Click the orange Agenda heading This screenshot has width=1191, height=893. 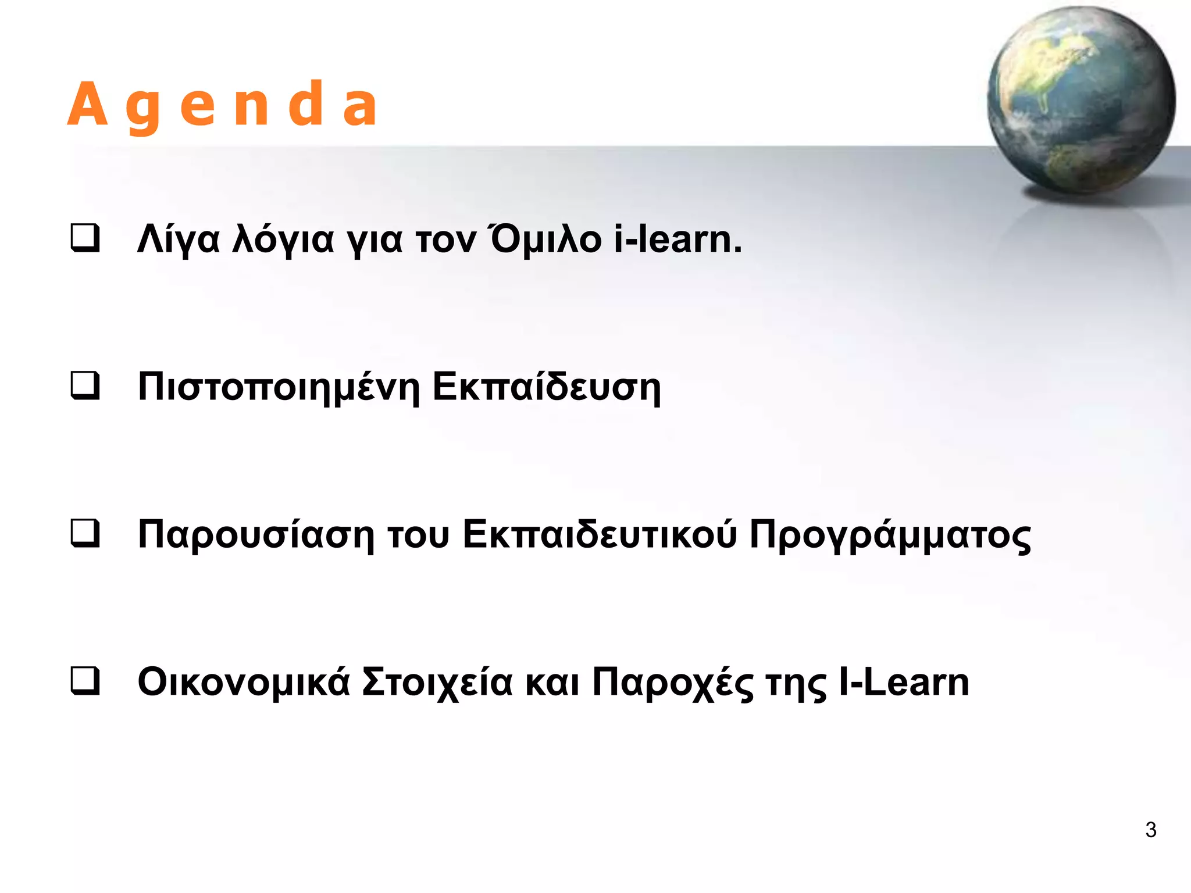pyautogui.click(x=223, y=105)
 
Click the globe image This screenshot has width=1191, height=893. pyautogui.click(x=1081, y=100)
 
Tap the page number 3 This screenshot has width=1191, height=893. pyautogui.click(x=1150, y=830)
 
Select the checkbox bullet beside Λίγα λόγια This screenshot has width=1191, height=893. pyautogui.click(x=85, y=238)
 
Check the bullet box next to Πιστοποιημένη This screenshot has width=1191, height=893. pyautogui.click(x=85, y=386)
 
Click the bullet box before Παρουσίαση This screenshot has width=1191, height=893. pyautogui.click(x=85, y=534)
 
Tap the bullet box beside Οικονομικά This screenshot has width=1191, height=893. pyautogui.click(x=85, y=681)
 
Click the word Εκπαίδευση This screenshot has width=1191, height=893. pyautogui.click(x=547, y=387)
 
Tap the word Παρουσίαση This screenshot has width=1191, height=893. pyautogui.click(x=256, y=535)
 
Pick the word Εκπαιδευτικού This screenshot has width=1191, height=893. pyautogui.click(x=600, y=535)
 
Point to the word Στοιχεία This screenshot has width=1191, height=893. pyautogui.click(x=437, y=683)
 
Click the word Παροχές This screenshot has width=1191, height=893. pyautogui.click(x=672, y=683)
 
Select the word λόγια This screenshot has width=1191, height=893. pyautogui.click(x=283, y=240)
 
